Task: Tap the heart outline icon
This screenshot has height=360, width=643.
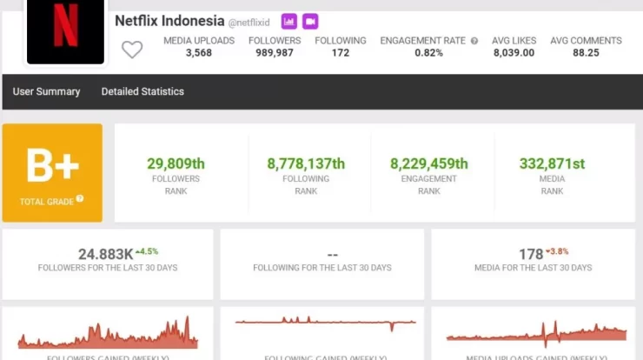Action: point(131,50)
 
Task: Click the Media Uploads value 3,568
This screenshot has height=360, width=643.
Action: point(199,53)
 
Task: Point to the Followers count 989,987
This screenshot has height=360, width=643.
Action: point(275,53)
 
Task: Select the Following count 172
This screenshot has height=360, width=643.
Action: point(341,53)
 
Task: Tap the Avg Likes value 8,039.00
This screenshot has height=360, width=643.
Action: point(514,53)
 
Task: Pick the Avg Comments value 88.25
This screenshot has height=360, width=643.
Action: point(586,53)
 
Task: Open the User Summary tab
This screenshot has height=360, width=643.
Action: point(46,91)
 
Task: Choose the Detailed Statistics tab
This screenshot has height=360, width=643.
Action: point(143,91)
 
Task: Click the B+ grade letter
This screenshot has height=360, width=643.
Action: point(52,165)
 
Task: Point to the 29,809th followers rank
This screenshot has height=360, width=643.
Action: point(176,163)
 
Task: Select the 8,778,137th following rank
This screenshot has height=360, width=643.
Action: point(306,163)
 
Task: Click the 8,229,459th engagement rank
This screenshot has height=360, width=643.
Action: point(429,163)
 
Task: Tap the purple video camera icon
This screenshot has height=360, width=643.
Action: point(310,21)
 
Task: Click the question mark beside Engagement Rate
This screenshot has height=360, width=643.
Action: point(474,41)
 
